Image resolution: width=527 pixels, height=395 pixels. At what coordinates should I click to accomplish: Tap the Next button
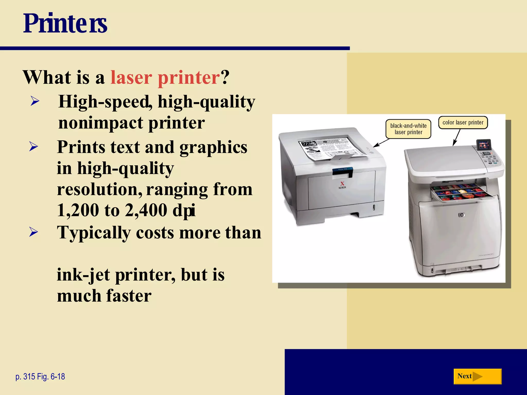(x=477, y=376)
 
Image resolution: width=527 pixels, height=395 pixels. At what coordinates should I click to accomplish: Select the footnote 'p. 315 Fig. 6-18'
(x=40, y=376)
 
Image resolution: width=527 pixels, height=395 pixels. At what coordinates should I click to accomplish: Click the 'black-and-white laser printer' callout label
(x=408, y=129)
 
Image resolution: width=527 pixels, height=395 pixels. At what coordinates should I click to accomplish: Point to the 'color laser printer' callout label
(x=463, y=122)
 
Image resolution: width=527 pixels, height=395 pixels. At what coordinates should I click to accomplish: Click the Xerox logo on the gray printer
(x=342, y=185)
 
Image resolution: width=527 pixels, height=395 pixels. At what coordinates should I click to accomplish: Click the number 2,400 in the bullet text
(x=146, y=210)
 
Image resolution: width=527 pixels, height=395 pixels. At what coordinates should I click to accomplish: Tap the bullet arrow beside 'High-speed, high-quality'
(x=35, y=101)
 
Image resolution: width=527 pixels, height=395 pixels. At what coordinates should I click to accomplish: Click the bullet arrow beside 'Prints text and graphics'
(x=34, y=147)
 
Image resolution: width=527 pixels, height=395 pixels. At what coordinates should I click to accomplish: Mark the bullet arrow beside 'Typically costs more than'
(x=34, y=232)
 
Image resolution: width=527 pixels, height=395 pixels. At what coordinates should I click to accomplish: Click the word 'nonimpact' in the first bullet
(x=100, y=123)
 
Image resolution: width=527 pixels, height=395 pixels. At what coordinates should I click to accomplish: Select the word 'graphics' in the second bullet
(x=213, y=147)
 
